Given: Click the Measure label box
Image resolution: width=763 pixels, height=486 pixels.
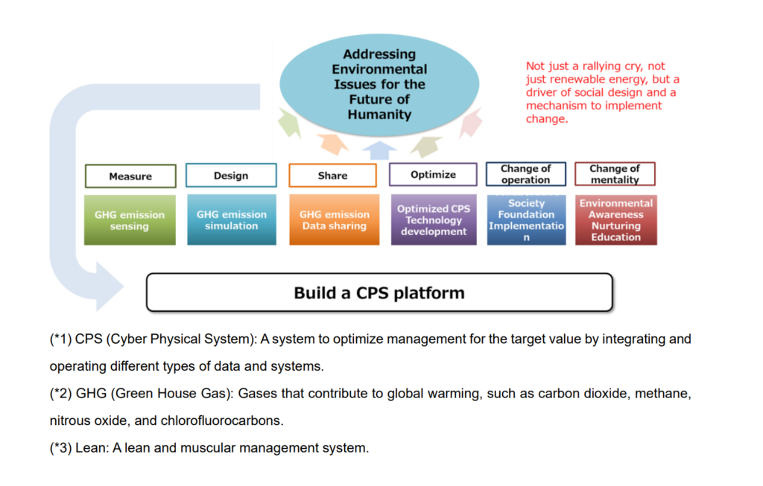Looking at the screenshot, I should (x=130, y=176).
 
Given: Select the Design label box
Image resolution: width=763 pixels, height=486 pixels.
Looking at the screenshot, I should (x=231, y=176).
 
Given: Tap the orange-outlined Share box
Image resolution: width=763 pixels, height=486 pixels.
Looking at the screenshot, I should (x=332, y=176).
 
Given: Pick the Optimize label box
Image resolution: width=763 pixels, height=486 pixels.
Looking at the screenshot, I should (x=433, y=175).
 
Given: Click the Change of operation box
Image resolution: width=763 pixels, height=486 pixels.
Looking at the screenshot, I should (x=525, y=174).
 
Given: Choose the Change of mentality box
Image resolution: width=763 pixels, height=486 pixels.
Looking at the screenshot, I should (x=615, y=174).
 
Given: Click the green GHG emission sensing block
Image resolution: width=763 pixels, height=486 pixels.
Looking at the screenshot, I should (x=130, y=220).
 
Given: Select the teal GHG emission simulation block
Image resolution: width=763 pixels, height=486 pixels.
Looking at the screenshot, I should (x=231, y=220).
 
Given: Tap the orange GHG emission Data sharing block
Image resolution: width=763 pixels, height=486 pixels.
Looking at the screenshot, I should (x=334, y=220).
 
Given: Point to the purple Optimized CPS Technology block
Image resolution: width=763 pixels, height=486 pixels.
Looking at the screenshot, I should (x=434, y=220).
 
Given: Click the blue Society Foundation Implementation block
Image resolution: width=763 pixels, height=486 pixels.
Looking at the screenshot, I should (x=526, y=220).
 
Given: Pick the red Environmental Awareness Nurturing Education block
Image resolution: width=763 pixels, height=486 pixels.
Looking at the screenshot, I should (x=615, y=220).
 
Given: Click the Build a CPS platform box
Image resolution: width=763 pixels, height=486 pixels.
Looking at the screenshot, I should (x=379, y=292).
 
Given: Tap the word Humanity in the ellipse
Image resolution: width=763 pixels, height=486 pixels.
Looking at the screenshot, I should (x=379, y=115).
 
